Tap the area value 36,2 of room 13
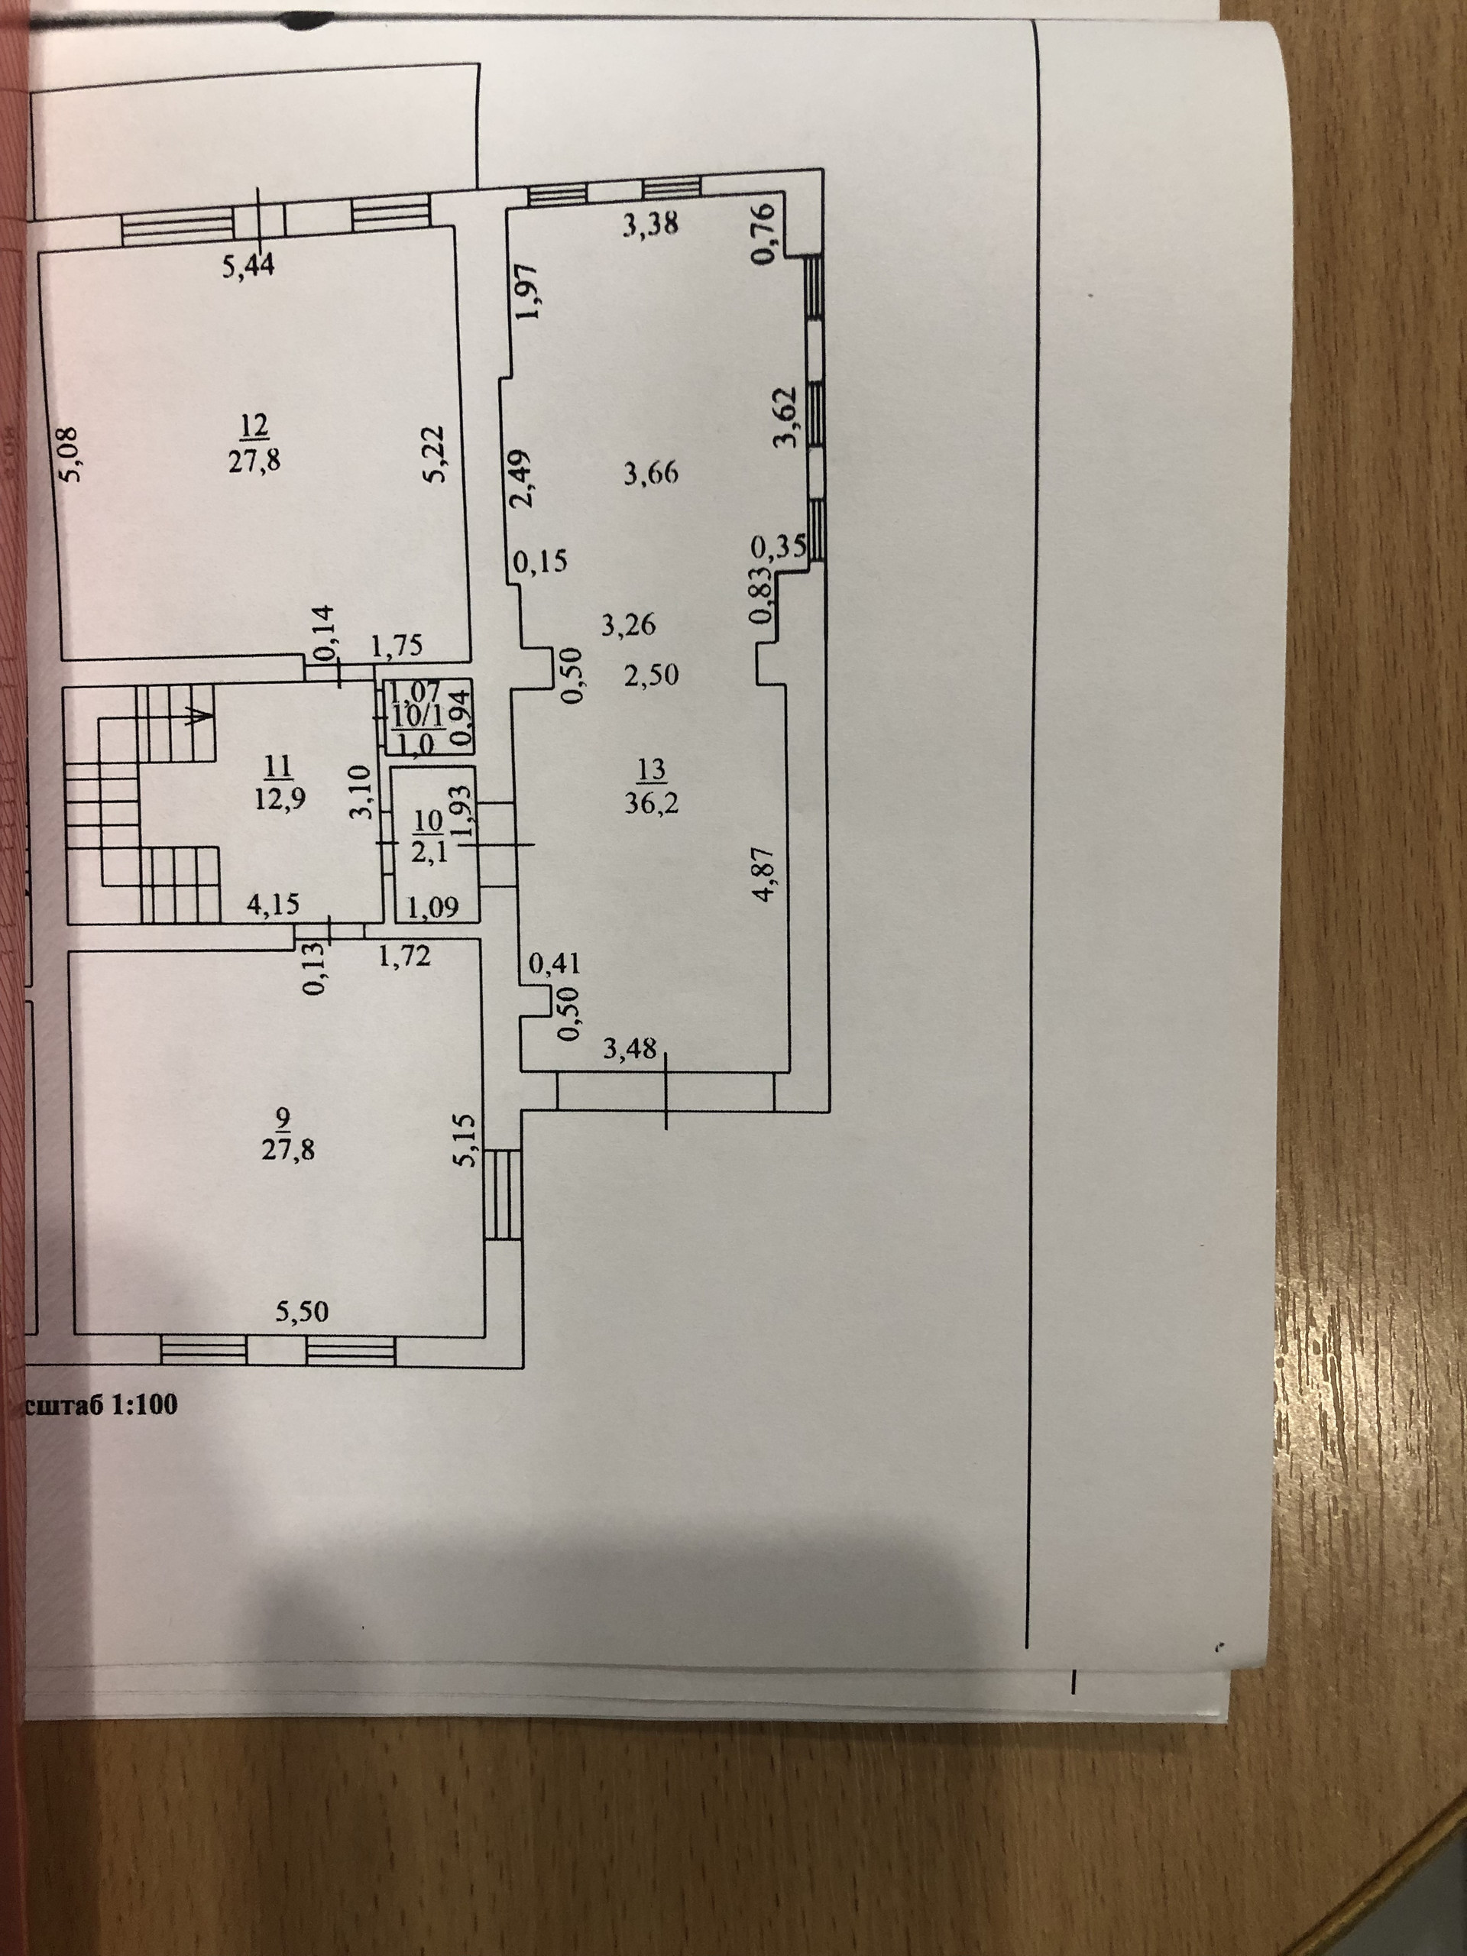coord(651,804)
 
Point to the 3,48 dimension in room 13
coord(630,1049)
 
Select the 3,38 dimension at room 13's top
coord(650,226)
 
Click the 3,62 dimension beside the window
coord(785,417)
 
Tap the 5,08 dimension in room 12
coord(71,455)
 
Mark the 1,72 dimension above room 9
coord(404,955)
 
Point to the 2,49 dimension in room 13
coord(523,479)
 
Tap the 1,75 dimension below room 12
coord(395,646)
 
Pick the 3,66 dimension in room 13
coord(650,474)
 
